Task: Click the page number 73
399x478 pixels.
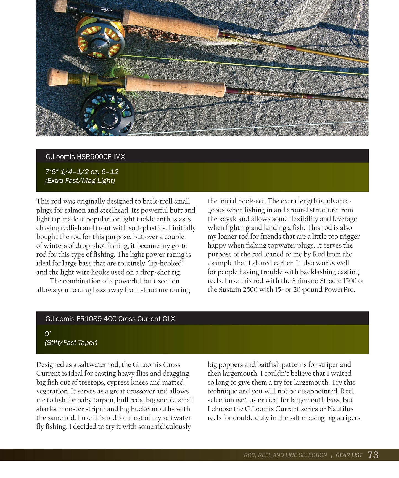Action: point(373,455)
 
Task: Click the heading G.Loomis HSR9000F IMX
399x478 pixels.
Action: point(85,157)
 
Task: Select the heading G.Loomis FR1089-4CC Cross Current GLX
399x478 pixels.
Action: point(110,319)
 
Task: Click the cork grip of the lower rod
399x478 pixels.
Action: point(175,86)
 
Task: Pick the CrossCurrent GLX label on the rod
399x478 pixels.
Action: point(280,94)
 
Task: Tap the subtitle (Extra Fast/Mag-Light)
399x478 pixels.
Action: point(80,181)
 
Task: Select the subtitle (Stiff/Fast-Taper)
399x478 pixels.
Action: point(71,343)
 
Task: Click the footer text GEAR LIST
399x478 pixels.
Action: point(349,455)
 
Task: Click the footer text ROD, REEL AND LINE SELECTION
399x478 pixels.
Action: point(285,455)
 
